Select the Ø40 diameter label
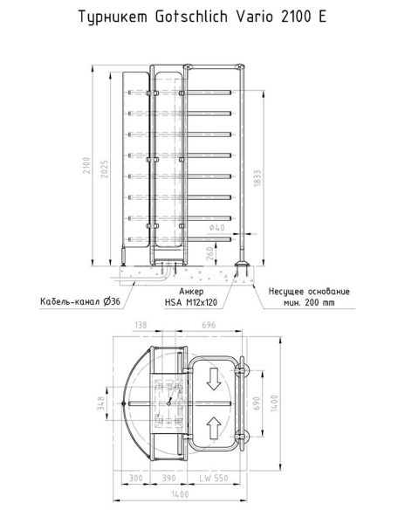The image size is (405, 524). [x=218, y=228]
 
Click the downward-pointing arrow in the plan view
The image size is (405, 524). [x=212, y=379]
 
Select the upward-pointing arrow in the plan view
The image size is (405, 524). [x=212, y=427]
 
